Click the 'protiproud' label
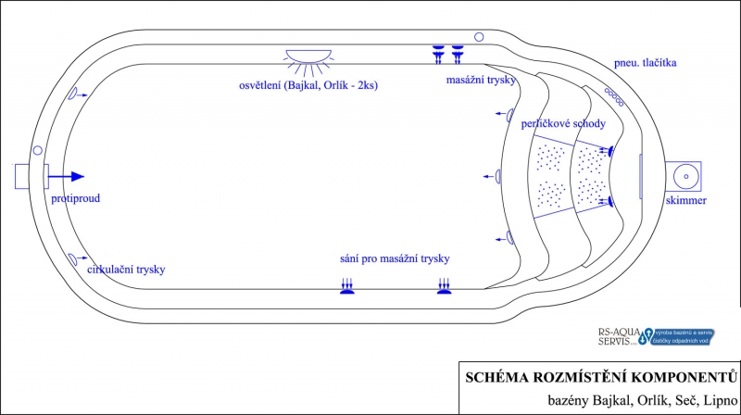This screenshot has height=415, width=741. [x=76, y=198]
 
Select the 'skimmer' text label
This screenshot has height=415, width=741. [x=686, y=201]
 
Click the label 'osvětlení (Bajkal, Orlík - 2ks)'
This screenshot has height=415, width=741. [x=308, y=85]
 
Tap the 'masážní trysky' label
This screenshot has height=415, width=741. [x=482, y=81]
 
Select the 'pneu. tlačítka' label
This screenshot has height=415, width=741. [x=646, y=63]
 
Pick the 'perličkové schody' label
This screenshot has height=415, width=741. [x=563, y=123]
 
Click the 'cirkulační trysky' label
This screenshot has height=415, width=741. [x=126, y=270]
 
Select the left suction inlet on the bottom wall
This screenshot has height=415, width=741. [x=347, y=287]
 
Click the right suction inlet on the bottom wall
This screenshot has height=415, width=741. [x=445, y=287]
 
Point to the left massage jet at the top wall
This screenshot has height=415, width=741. [x=439, y=54]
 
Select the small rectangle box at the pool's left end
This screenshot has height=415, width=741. [x=24, y=175]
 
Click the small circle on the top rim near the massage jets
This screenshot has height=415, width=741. [x=479, y=37]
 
